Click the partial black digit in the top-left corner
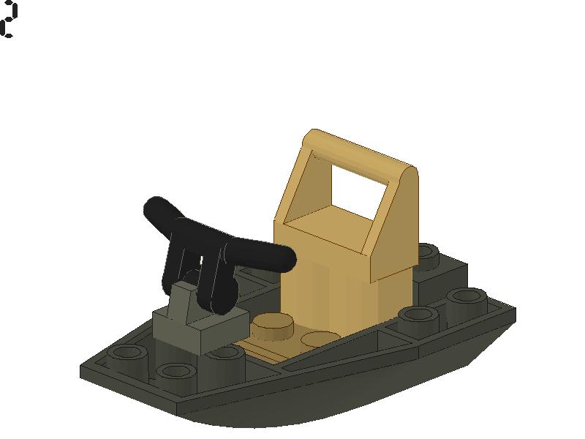pos(8,20)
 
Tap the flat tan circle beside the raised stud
pos(320,339)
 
